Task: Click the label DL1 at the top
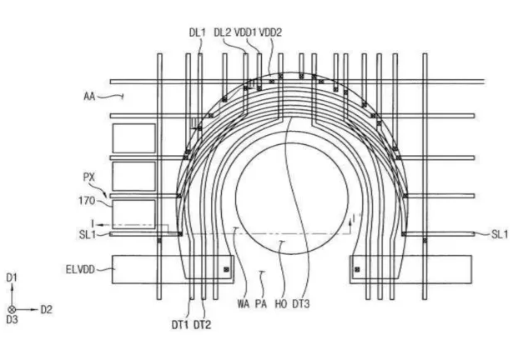tap(197, 32)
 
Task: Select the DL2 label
tap(223, 32)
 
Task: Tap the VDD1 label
tap(245, 32)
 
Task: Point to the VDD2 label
tap(270, 32)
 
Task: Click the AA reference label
tap(89, 97)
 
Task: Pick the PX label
tap(89, 177)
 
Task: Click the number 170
tap(87, 201)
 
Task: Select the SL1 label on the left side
tap(88, 235)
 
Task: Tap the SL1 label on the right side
tap(500, 234)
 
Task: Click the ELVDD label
tap(80, 270)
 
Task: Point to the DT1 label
tap(180, 325)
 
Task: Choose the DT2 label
tap(202, 325)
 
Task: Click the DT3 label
tap(301, 303)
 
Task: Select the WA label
tap(243, 303)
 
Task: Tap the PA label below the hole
tap(261, 303)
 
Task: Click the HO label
tap(281, 303)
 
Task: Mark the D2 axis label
tap(46, 309)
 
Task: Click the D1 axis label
tap(12, 277)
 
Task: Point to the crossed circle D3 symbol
tap(12, 309)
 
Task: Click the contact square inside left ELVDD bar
tap(226, 269)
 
